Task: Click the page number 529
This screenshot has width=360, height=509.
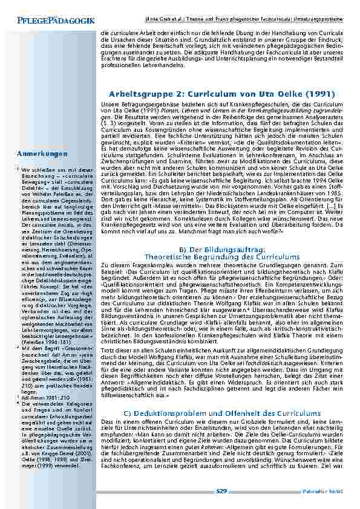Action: (221, 491)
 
